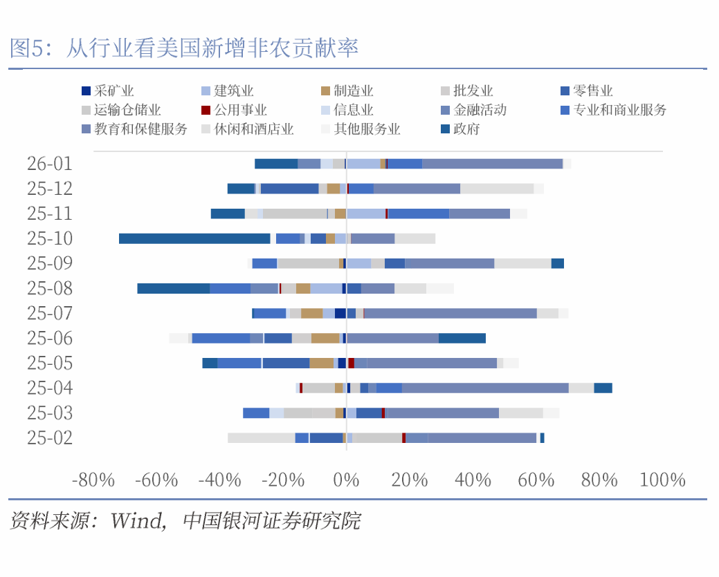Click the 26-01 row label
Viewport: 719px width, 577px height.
coord(50,164)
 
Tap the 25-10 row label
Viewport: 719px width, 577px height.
coord(50,238)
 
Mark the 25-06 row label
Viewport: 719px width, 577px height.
coord(50,338)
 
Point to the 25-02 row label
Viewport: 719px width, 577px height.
coord(50,437)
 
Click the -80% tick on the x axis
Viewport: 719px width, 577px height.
coord(93,480)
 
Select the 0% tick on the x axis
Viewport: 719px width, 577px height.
coord(346,480)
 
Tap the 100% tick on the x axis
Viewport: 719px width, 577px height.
coord(662,480)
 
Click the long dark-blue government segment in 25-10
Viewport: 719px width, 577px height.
coord(194,238)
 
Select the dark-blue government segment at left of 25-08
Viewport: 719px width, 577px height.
coord(173,288)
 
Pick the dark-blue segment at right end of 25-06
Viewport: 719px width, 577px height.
coord(462,338)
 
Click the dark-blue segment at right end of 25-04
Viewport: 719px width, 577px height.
coord(603,388)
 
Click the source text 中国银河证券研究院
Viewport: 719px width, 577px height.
coord(271,520)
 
